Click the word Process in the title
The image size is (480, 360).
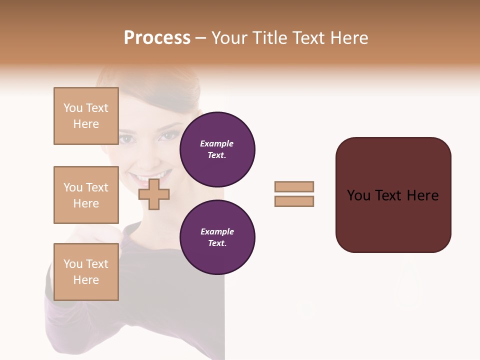coord(157,38)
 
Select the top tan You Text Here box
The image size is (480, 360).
coord(86,116)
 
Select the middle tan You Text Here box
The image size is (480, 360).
coord(86,195)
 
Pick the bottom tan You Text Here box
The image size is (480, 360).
coord(86,272)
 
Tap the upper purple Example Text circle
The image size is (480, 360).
coord(217,149)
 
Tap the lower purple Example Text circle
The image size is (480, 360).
coord(217,237)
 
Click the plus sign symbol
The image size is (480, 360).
coord(154,194)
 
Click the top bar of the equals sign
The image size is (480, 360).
coord(294,186)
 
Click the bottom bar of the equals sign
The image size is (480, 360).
coord(294,201)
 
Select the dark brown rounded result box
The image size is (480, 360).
coord(393,195)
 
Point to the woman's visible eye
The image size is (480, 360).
coord(169,135)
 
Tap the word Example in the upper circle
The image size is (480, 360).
coord(217,143)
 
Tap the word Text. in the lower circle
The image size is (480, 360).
coord(217,243)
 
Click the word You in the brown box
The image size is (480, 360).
coord(358,195)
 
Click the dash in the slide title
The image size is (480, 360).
coord(200,38)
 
